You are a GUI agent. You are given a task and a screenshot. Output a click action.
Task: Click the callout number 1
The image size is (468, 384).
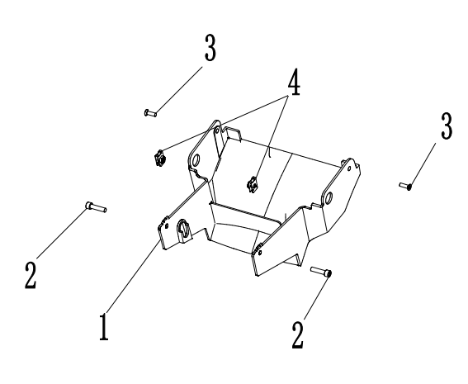(x=104, y=327)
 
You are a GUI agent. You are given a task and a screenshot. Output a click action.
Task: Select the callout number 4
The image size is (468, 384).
(x=294, y=82)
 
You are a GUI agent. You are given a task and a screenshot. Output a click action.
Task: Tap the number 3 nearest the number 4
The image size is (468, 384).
(x=210, y=47)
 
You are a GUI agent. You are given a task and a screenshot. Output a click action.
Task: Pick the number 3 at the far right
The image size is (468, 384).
(x=447, y=126)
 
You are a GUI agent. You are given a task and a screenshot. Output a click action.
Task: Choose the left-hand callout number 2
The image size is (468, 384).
(x=31, y=275)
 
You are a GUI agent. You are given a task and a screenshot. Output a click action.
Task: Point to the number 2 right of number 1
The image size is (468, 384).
(x=298, y=335)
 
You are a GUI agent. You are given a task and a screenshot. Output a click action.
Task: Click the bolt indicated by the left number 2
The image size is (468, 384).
(x=96, y=206)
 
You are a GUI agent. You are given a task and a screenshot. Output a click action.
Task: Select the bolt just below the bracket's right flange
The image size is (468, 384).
(x=321, y=272)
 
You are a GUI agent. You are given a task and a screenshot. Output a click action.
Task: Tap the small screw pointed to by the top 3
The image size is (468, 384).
(x=150, y=113)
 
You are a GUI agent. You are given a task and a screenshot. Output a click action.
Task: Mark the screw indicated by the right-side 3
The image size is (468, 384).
(x=406, y=186)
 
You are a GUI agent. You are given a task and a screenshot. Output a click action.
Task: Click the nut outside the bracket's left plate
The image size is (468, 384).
(x=159, y=159)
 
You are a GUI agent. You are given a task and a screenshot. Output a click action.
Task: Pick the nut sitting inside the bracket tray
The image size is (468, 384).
(x=253, y=185)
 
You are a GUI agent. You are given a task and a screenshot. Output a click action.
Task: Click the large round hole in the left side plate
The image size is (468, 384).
(x=196, y=160)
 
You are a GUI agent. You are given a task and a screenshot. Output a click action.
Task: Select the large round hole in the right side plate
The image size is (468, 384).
(x=328, y=197)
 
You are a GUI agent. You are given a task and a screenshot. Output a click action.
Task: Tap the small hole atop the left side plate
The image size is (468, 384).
(x=217, y=130)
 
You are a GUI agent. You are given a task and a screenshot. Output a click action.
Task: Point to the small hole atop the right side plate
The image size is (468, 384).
(x=349, y=168)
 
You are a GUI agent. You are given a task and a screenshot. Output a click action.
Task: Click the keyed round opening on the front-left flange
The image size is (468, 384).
(x=183, y=230)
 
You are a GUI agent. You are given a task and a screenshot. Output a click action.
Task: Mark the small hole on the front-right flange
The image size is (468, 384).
(x=260, y=253)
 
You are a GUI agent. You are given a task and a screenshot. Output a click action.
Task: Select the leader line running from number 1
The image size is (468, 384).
(x=133, y=276)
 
